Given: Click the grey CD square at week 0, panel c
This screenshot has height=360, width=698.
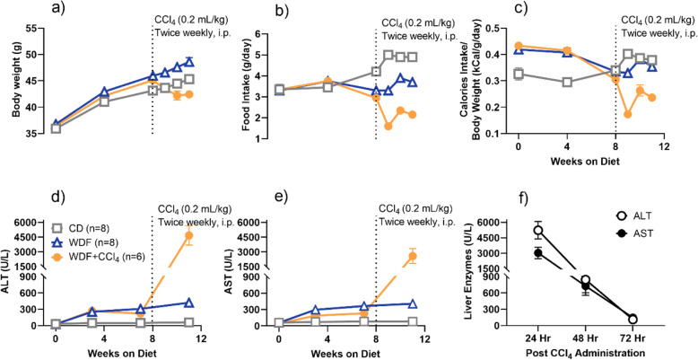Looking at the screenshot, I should [519, 74].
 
